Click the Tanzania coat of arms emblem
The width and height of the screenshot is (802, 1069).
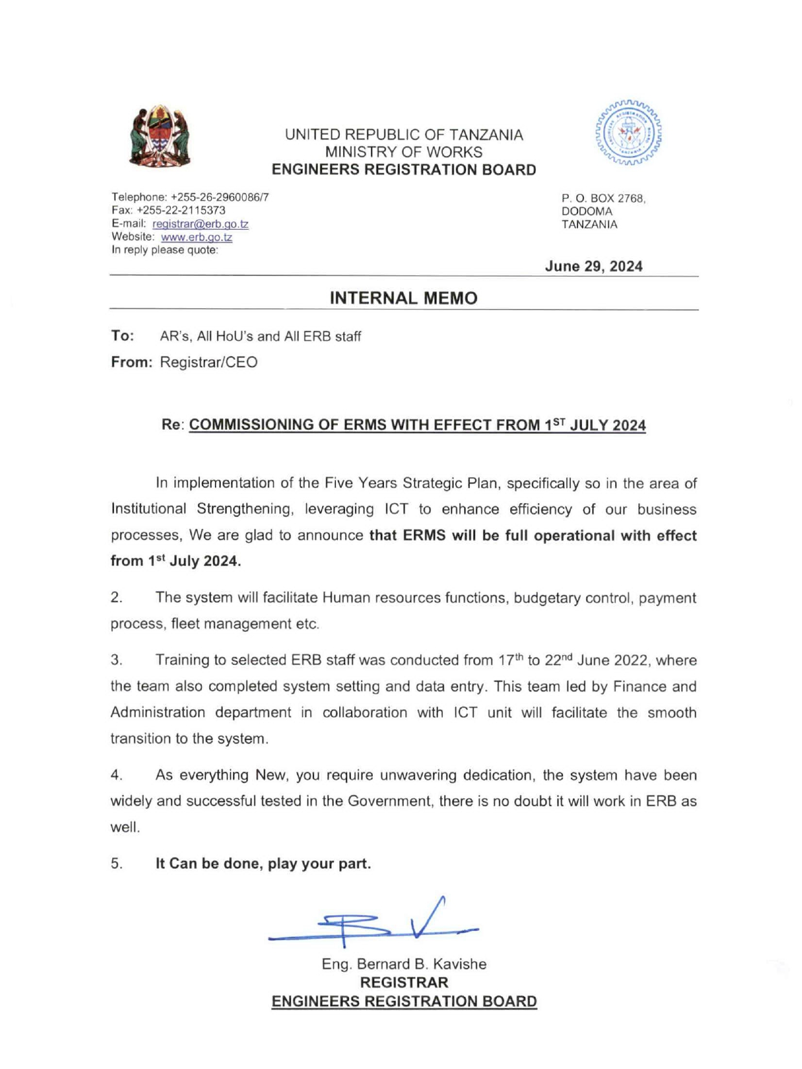click(x=159, y=137)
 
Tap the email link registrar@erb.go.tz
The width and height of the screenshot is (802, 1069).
click(x=201, y=224)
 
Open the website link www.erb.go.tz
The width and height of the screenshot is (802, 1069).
click(x=197, y=237)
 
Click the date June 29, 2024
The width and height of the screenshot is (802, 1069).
click(x=594, y=266)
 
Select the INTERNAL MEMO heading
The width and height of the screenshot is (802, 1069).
click(x=403, y=298)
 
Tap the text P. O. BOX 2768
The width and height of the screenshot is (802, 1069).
click(x=603, y=198)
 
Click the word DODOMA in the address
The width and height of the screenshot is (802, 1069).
click(x=586, y=211)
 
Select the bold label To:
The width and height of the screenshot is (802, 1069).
click(x=122, y=336)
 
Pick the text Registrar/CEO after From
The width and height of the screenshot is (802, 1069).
click(x=208, y=362)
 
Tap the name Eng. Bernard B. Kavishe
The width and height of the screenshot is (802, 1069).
click(x=404, y=963)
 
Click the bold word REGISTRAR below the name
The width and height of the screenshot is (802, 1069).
click(x=404, y=982)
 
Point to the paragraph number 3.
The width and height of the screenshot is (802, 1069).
click(x=116, y=660)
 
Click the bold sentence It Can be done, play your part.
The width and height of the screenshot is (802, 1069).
click(x=263, y=863)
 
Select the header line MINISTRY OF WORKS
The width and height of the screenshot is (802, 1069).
click(x=403, y=152)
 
